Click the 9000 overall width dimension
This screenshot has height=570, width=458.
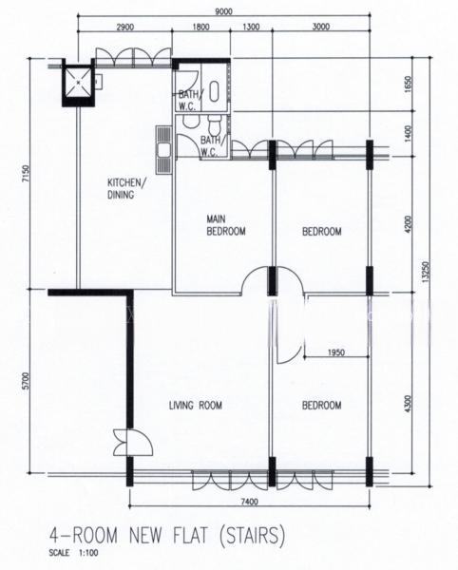[x=223, y=11]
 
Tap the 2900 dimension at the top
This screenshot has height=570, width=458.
[x=124, y=27]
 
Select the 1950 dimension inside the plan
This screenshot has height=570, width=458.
[x=336, y=351]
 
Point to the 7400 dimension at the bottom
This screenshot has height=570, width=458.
[x=250, y=502]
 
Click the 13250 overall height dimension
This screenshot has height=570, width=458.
[x=427, y=272]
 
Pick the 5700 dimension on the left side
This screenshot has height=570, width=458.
[x=25, y=381]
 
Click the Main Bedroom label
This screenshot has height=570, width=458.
[x=226, y=225]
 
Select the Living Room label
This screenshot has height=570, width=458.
[x=196, y=405]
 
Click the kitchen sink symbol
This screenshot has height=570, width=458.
[x=164, y=150]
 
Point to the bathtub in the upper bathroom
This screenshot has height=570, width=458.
[x=214, y=91]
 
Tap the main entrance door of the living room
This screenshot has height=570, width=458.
[x=133, y=442]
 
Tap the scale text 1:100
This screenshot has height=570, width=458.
[x=88, y=553]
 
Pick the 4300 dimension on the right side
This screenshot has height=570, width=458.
[x=408, y=404]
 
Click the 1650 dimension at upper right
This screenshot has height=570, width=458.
[x=408, y=84]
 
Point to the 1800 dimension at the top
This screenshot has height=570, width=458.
[x=200, y=27]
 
